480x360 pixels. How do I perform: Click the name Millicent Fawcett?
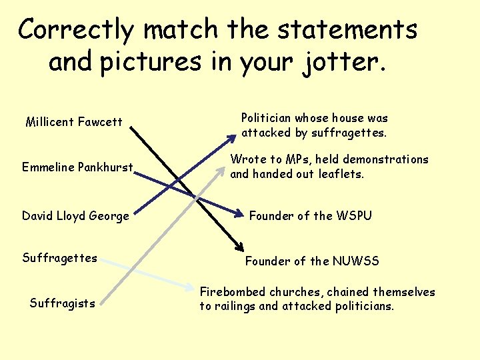[73, 121]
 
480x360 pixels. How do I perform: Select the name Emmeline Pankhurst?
[77, 167]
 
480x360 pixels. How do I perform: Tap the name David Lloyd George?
[75, 216]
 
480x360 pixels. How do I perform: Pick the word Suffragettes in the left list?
[59, 258]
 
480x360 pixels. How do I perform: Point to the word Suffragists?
[62, 303]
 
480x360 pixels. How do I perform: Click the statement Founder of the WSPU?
[310, 215]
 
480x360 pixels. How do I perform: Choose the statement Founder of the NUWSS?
[312, 261]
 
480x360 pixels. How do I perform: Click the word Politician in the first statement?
[266, 118]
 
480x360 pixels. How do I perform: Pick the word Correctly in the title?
[77, 30]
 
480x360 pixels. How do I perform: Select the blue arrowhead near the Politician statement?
[231, 138]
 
